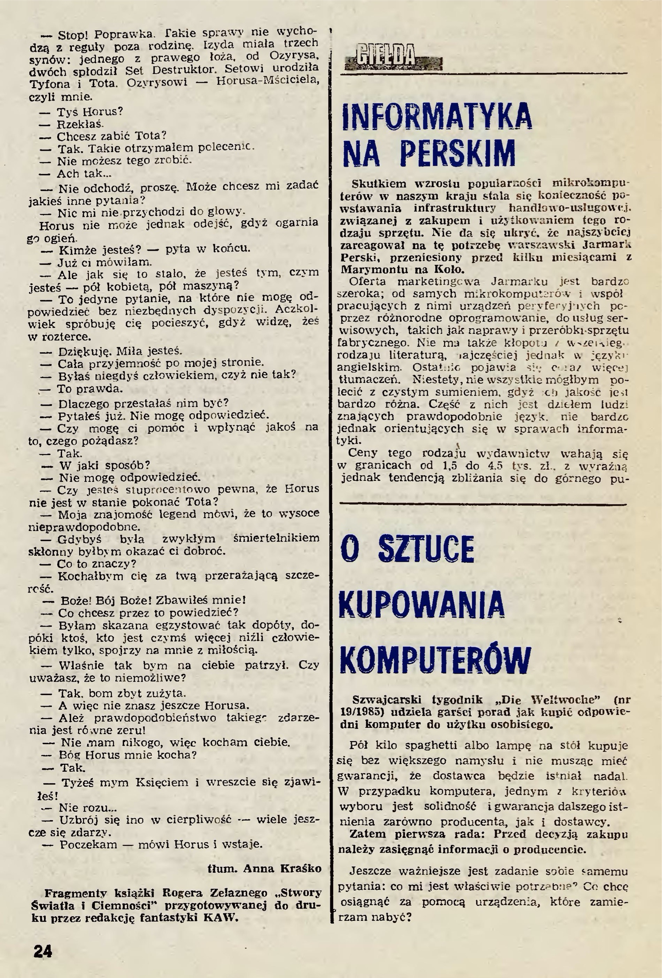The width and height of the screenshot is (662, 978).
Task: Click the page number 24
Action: pos(42,951)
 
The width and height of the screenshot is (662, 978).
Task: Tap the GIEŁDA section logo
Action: pos(393,56)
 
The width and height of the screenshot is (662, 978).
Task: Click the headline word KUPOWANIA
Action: pos(422,605)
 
